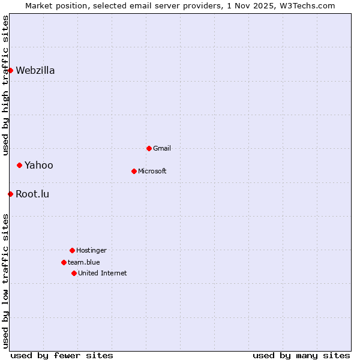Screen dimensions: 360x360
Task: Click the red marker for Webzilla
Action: [10, 70]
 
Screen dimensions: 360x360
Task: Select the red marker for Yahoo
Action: [19, 165]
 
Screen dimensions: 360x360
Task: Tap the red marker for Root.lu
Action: [10, 194]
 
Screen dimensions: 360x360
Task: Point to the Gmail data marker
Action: [149, 148]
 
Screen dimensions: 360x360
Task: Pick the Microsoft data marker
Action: [134, 171]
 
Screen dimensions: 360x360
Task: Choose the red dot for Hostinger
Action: [72, 250]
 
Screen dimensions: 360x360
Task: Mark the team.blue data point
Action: [64, 262]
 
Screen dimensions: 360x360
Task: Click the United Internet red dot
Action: [74, 273]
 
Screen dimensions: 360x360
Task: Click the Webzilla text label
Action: [35, 70]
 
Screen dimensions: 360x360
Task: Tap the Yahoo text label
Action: [39, 165]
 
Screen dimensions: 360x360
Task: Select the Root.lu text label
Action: [32, 194]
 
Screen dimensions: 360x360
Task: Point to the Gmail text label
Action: [162, 148]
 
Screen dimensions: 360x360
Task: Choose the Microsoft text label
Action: [152, 171]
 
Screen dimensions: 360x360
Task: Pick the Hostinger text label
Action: [91, 250]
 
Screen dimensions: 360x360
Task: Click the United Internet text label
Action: [103, 273]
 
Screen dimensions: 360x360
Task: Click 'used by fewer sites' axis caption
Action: [62, 355]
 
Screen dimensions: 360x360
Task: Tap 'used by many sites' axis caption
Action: [301, 355]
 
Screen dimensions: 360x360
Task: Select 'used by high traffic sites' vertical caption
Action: [5, 85]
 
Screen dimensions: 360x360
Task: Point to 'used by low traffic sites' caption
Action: [5, 281]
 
